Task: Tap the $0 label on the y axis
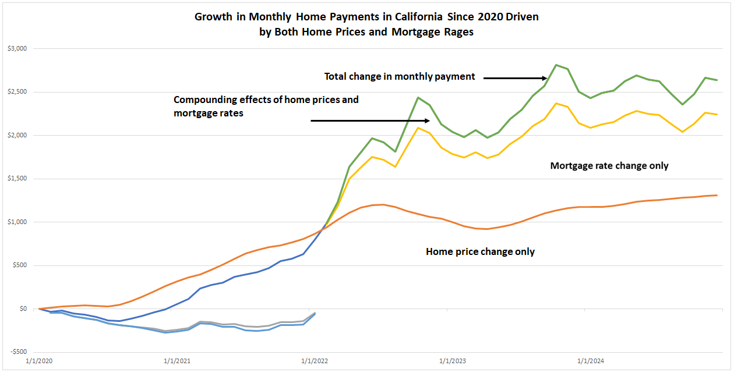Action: click(23, 309)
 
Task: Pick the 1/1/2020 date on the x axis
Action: click(39, 361)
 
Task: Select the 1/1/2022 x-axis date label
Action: click(315, 361)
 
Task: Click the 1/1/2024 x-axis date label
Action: click(591, 361)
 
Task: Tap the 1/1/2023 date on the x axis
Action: click(453, 361)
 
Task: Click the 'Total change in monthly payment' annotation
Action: click(400, 76)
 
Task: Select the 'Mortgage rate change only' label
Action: click(609, 166)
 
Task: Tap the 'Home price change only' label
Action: click(480, 252)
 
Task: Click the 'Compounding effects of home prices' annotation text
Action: click(266, 100)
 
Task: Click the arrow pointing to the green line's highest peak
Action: click(515, 77)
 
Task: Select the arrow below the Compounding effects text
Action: click(369, 120)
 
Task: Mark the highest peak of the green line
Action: click(556, 65)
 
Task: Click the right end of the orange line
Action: click(717, 196)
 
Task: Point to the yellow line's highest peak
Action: click(556, 103)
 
